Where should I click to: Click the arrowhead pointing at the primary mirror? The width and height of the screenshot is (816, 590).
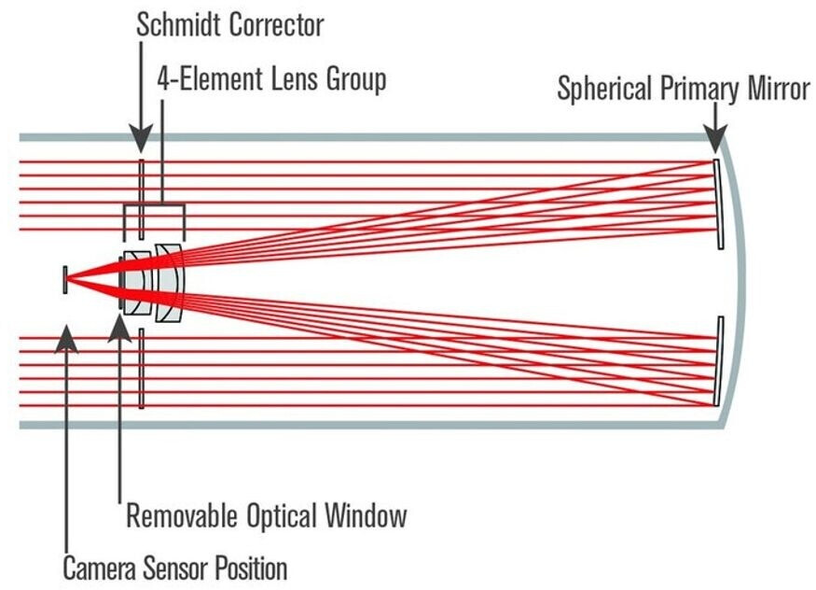click(714, 140)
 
